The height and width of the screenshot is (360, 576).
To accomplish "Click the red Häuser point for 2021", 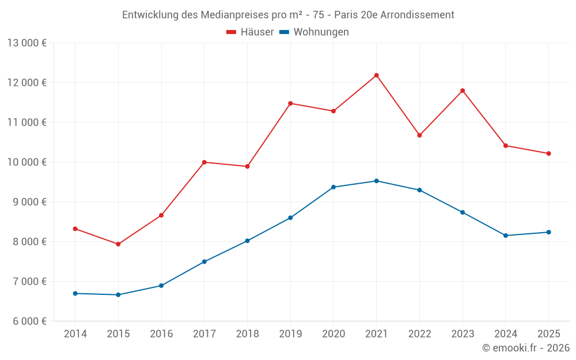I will (x=376, y=75).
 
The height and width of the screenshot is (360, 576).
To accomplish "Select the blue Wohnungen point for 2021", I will (x=376, y=181).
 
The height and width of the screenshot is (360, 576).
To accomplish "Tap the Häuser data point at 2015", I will (x=118, y=244).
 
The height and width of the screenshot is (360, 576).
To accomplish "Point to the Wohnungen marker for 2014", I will (x=75, y=294).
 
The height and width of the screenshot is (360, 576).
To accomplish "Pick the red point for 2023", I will (x=463, y=90).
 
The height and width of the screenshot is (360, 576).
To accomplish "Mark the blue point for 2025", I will (x=548, y=232).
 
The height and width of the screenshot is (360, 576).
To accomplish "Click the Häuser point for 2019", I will (x=290, y=104).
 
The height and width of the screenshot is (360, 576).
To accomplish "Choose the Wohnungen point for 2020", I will (x=334, y=187).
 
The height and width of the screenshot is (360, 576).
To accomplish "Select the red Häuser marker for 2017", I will (x=204, y=162).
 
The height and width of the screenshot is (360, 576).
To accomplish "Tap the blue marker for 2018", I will (x=247, y=241).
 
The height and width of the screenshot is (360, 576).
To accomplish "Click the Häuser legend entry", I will (x=250, y=32).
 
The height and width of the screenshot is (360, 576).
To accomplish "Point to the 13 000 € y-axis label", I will (x=27, y=43).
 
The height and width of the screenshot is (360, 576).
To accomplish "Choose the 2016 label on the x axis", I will (x=161, y=334).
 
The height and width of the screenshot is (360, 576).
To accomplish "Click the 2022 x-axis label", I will (x=419, y=334).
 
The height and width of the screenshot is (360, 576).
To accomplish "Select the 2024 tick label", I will (x=505, y=334).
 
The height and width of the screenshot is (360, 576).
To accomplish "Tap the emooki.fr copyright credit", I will (x=525, y=348).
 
